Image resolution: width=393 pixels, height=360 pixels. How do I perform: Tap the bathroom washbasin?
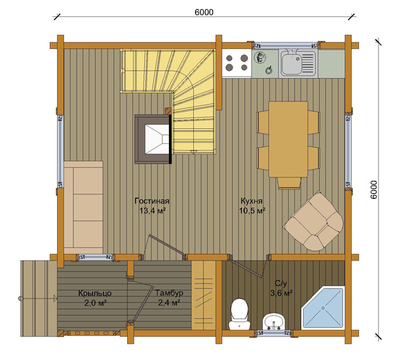[273, 321]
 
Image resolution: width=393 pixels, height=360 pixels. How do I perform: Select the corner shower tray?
[323, 308]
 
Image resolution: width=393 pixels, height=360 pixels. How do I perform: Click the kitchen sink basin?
[298, 63]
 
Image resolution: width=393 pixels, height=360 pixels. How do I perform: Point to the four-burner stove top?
[236, 63]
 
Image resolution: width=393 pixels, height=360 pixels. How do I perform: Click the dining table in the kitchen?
[288, 139]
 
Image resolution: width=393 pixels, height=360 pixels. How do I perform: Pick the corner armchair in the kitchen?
[313, 221]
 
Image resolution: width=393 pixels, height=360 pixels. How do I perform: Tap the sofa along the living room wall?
[83, 207]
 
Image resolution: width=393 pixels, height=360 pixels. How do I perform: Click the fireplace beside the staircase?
[153, 139]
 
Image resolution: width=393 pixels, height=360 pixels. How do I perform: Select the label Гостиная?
[152, 201]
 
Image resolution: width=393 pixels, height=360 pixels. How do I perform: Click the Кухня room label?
[252, 201]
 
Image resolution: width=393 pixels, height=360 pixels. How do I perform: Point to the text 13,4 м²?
[153, 211]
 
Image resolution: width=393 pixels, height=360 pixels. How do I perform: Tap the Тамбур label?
[169, 293]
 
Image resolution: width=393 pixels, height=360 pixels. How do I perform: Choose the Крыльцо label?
[95, 293]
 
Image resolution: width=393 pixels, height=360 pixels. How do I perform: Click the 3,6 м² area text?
[281, 293]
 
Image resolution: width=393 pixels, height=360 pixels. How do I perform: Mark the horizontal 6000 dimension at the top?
[204, 12]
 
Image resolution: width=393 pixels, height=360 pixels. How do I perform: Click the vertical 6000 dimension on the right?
[373, 190]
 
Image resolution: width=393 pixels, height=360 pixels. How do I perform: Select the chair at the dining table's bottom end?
[289, 183]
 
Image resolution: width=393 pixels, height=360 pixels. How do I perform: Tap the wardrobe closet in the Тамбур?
[204, 295]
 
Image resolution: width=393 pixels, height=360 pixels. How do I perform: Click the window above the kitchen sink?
[286, 46]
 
